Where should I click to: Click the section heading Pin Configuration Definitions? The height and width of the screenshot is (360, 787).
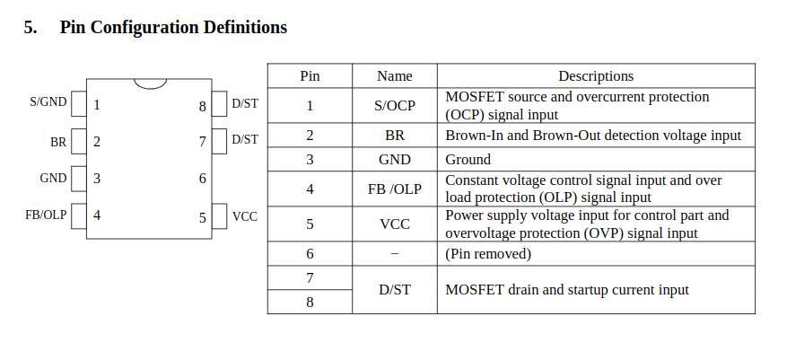click(172, 28)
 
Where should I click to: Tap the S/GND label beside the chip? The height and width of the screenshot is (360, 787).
click(48, 102)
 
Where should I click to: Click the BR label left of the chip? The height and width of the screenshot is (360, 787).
click(58, 141)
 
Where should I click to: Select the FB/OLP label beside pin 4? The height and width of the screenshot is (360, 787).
click(46, 215)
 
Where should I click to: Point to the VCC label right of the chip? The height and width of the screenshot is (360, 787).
click(244, 216)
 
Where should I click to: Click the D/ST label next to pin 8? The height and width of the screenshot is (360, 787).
click(244, 103)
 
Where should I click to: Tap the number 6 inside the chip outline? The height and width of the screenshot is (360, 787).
click(203, 179)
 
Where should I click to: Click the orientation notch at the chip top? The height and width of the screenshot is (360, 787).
click(150, 83)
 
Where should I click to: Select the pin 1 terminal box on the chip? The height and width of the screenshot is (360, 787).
click(78, 103)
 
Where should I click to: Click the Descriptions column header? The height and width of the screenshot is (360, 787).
click(596, 76)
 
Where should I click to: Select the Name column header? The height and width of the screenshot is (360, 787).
click(395, 76)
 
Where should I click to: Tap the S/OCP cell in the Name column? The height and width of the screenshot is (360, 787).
click(395, 106)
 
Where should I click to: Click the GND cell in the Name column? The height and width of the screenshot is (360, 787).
click(395, 160)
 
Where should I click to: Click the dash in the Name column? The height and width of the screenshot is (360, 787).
click(395, 254)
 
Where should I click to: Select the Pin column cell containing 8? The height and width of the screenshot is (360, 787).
click(310, 302)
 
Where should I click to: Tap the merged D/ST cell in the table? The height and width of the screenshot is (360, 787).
click(395, 290)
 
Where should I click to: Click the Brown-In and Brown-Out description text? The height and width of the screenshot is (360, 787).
click(593, 136)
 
